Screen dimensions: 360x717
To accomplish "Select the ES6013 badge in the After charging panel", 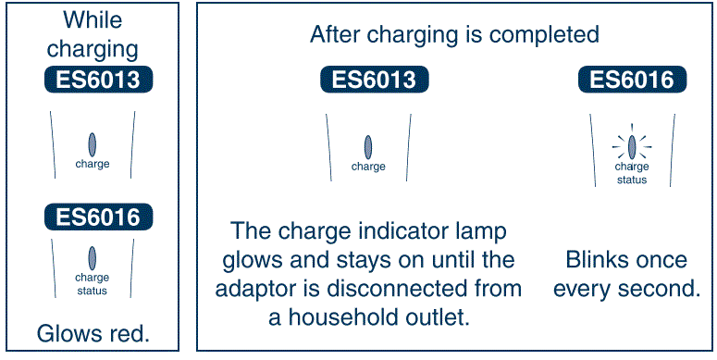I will click(x=368, y=80).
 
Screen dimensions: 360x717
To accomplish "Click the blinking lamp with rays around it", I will click(x=633, y=145).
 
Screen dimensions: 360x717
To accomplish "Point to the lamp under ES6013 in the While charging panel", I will click(x=93, y=143).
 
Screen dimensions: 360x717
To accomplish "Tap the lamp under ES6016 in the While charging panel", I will click(x=93, y=257).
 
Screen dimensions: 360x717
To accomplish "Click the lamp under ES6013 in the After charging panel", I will click(x=368, y=146).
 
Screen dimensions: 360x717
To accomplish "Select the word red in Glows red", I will click(x=129, y=332).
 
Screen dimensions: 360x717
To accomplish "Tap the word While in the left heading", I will click(x=92, y=19).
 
